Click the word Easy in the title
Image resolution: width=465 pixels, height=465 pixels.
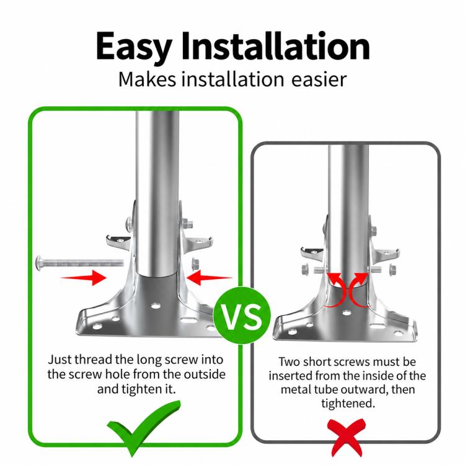pyautogui.click(x=134, y=48)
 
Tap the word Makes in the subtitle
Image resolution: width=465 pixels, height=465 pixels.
pyautogui.click(x=147, y=79)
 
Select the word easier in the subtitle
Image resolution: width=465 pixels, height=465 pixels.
pyautogui.click(x=319, y=80)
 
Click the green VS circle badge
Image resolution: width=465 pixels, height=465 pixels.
pyautogui.click(x=242, y=315)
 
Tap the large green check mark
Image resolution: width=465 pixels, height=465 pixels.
pyautogui.click(x=144, y=427)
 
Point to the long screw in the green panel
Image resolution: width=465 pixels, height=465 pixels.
pyautogui.click(x=79, y=262)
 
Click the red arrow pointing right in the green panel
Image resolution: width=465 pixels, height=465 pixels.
pyautogui.click(x=83, y=278)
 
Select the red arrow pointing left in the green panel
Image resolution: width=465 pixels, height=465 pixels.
pyautogui.click(x=210, y=278)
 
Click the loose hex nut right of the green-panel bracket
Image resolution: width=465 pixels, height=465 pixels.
pyautogui.click(x=195, y=263)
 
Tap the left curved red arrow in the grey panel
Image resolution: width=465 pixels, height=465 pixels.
pyautogui.click(x=336, y=291)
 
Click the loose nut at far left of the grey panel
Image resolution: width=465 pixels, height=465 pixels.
pyautogui.click(x=306, y=270)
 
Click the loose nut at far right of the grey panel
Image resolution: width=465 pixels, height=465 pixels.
pyautogui.click(x=393, y=270)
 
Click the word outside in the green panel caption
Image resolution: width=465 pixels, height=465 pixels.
pyautogui.click(x=205, y=374)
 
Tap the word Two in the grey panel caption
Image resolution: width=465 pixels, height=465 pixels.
pyautogui.click(x=289, y=362)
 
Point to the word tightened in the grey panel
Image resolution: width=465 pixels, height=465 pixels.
pyautogui.click(x=348, y=404)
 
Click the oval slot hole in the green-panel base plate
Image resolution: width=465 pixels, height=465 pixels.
pyautogui.click(x=186, y=320)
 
